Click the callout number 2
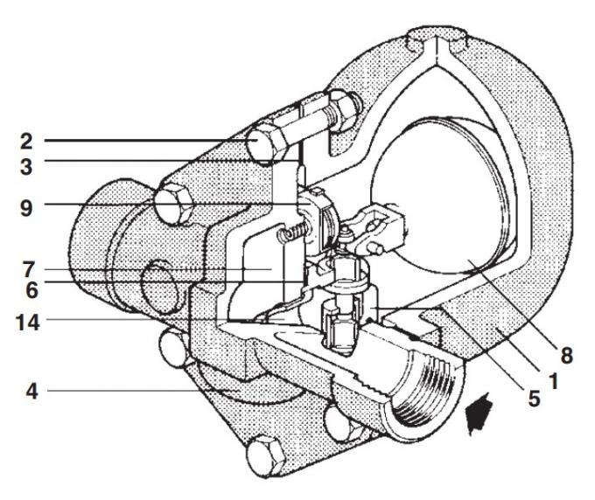click(26, 139)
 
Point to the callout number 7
click(26, 267)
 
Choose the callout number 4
click(26, 392)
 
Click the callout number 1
click(554, 382)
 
